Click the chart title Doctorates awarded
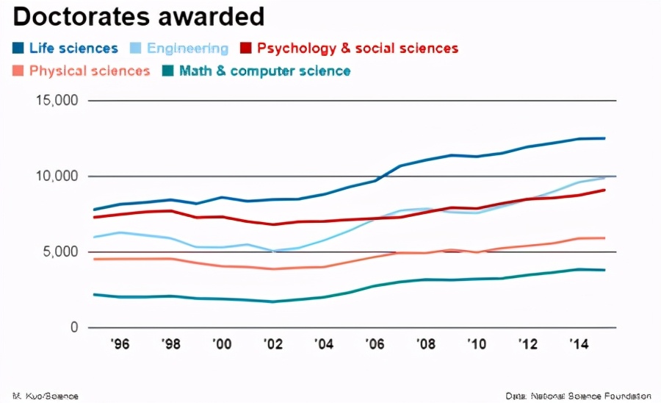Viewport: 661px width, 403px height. click(x=138, y=16)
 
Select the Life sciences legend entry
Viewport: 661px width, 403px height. click(x=73, y=49)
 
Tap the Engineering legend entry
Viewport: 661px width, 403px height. click(x=187, y=49)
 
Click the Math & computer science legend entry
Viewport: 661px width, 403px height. click(x=264, y=71)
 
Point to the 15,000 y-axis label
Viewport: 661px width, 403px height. click(x=57, y=101)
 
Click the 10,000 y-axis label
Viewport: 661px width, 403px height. click(x=57, y=176)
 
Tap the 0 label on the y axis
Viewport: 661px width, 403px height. click(x=73, y=328)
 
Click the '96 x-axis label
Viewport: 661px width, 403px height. click(x=120, y=344)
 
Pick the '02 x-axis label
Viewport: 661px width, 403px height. click(x=272, y=344)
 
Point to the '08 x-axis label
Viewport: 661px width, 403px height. click(x=425, y=344)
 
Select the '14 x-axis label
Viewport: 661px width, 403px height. click(x=577, y=344)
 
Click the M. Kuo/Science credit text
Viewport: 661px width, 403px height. click(x=46, y=396)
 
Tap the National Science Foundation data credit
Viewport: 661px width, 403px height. click(x=579, y=396)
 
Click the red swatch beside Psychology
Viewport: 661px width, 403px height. click(x=246, y=49)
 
